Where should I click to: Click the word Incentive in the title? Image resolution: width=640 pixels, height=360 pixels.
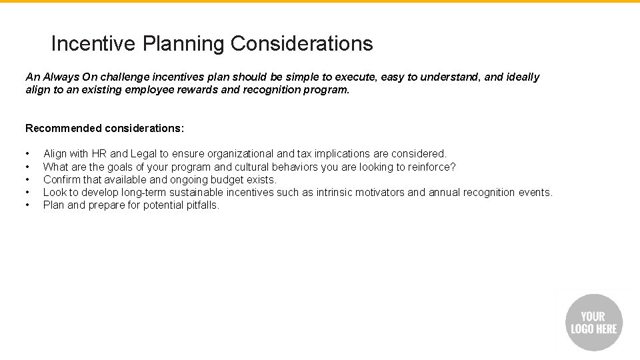tap(95, 44)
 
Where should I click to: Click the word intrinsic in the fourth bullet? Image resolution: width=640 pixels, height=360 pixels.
tap(338, 192)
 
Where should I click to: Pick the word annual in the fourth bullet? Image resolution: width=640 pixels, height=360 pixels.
tap(446, 192)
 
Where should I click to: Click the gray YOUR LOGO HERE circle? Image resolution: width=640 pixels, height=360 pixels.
tap(594, 323)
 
